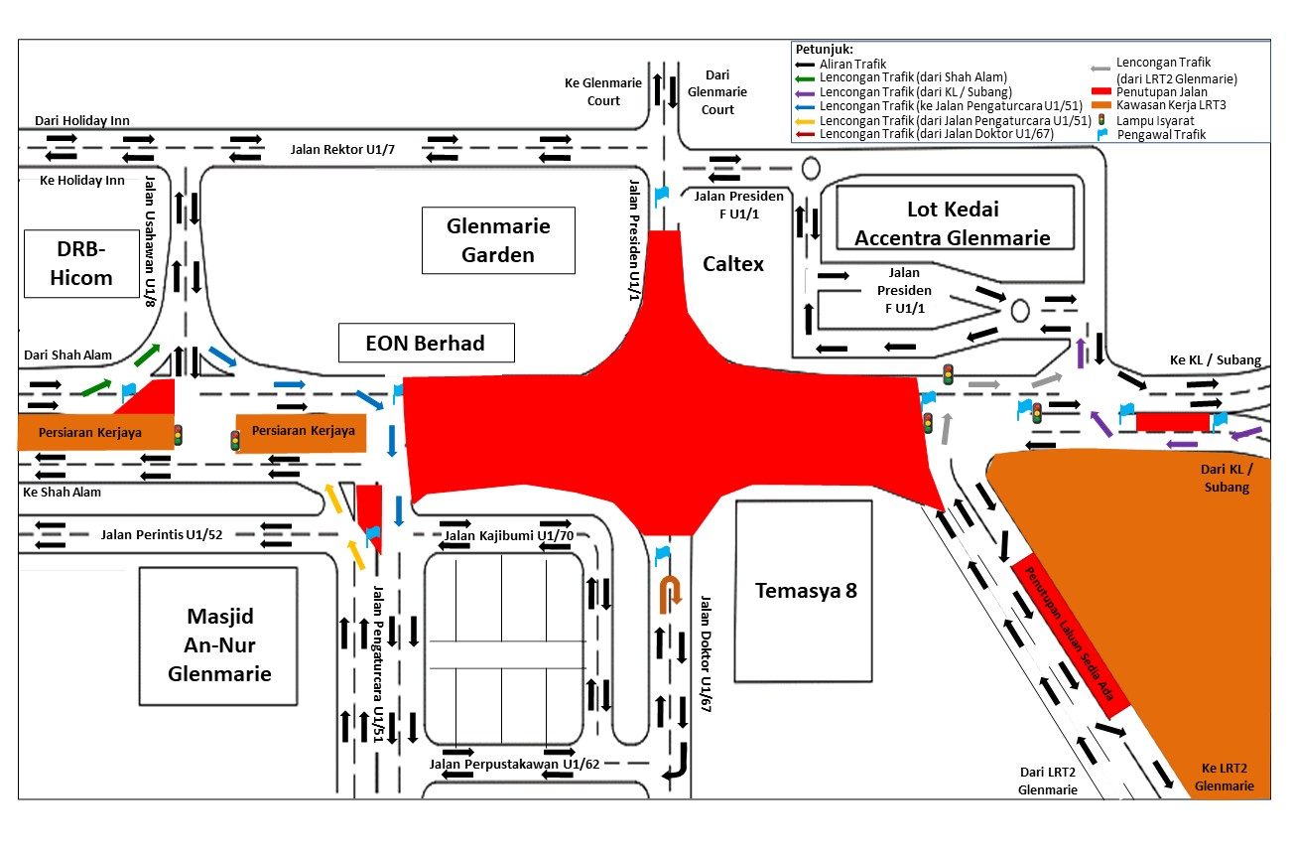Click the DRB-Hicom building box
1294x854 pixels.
coord(82,264)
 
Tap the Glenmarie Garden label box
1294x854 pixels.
coord(498,240)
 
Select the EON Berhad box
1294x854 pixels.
coord(426,344)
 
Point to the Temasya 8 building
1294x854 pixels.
coord(803,591)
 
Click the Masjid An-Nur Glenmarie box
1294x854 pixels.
coord(218,636)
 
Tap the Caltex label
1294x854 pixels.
coord(733,264)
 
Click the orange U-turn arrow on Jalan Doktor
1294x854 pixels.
coord(672,590)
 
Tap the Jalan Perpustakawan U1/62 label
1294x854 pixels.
coord(515,764)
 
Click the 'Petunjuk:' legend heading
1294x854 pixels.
coord(824,49)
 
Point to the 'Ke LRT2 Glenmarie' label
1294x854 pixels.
coord(1224,777)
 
